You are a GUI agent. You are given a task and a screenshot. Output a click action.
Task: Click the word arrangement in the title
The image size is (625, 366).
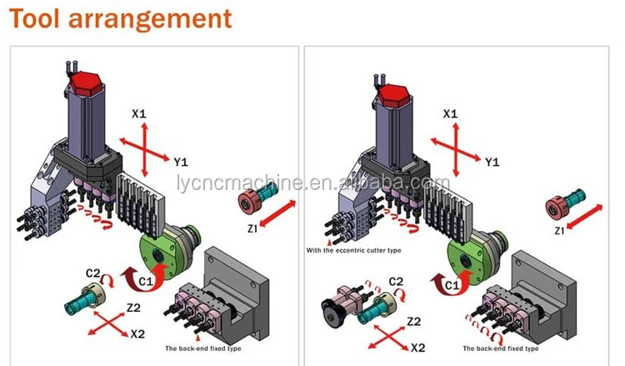pos(148,18)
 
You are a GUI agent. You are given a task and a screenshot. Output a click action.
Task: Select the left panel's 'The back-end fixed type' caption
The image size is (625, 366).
pos(202,348)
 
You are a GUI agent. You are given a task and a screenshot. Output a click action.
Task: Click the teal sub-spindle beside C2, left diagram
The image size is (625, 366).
pos(82,297)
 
